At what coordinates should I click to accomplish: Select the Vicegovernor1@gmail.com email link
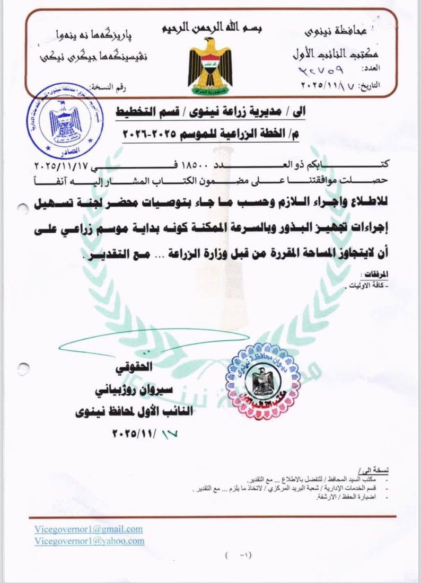click(x=88, y=529)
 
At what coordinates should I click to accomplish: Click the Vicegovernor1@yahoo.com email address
click(x=89, y=541)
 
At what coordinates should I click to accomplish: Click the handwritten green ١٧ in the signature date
click(x=168, y=432)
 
